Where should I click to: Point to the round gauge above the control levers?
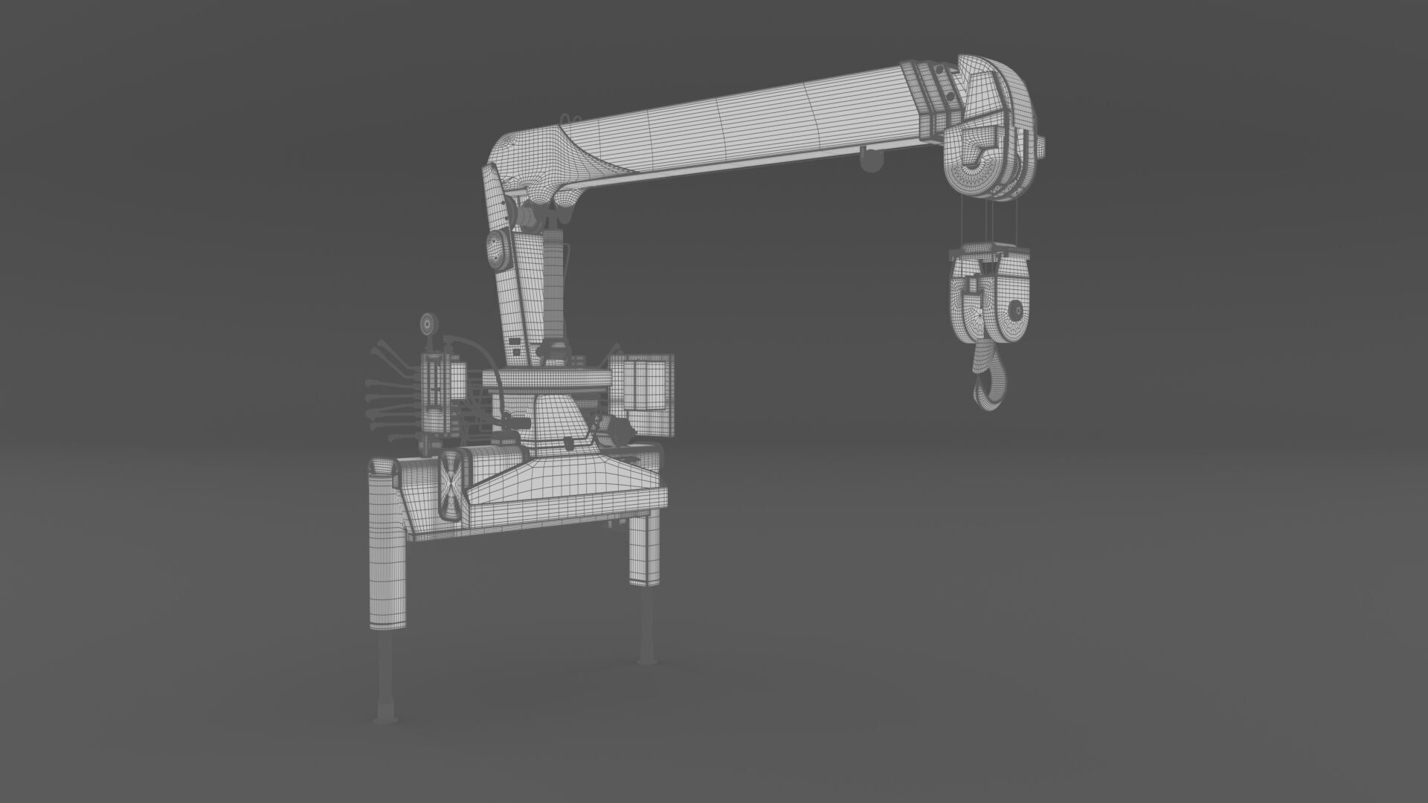(x=428, y=324)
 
